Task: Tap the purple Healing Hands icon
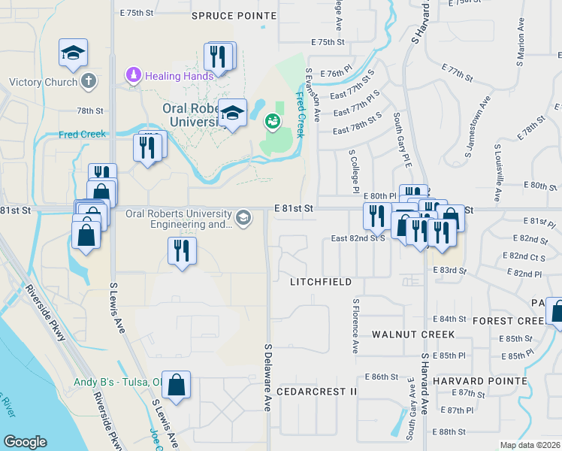click(x=133, y=75)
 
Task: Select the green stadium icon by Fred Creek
click(x=272, y=120)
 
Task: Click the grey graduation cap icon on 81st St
click(x=243, y=218)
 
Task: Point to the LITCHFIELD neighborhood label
click(x=321, y=282)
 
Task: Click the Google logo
click(x=25, y=442)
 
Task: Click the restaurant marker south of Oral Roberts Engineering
click(x=181, y=250)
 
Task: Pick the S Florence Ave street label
click(x=355, y=325)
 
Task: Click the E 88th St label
click(x=451, y=431)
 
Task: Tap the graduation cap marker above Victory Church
click(x=73, y=53)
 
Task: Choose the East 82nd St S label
click(x=358, y=238)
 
